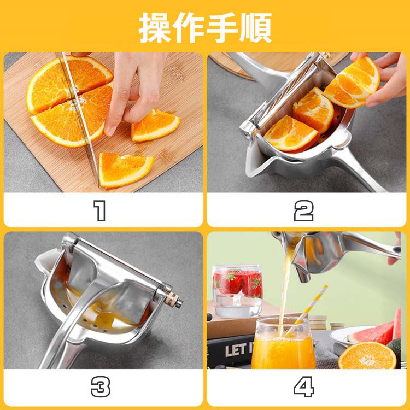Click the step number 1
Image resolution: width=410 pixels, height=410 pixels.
(x=99, y=211)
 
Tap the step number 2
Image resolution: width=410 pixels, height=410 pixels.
(x=303, y=211)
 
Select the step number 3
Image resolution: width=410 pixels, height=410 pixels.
(x=101, y=386)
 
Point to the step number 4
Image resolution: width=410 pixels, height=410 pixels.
(x=303, y=386)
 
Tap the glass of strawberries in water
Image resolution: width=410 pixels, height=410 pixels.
(x=237, y=291)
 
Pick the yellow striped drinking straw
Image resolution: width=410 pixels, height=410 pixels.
(x=306, y=311)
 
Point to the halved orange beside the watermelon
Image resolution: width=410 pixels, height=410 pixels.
(x=367, y=356)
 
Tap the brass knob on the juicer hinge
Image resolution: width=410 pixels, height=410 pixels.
(x=173, y=300)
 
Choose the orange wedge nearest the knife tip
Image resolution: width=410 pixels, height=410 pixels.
(x=126, y=169)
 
